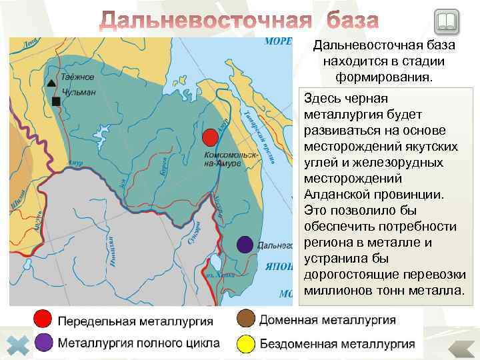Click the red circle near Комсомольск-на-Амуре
click(210, 137)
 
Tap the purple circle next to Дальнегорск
click(245, 245)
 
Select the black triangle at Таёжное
click(52, 83)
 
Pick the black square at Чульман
click(55, 101)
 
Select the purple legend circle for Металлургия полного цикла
click(43, 343)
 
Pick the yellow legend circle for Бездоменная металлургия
click(245, 343)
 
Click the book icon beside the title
click(445, 22)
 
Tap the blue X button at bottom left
click(21, 345)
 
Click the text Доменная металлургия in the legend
click(327, 320)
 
